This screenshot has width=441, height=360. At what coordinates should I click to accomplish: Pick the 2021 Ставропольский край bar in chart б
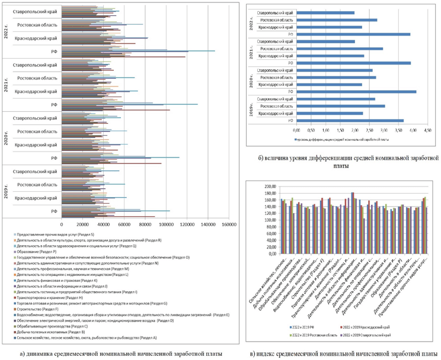(x=325, y=41)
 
